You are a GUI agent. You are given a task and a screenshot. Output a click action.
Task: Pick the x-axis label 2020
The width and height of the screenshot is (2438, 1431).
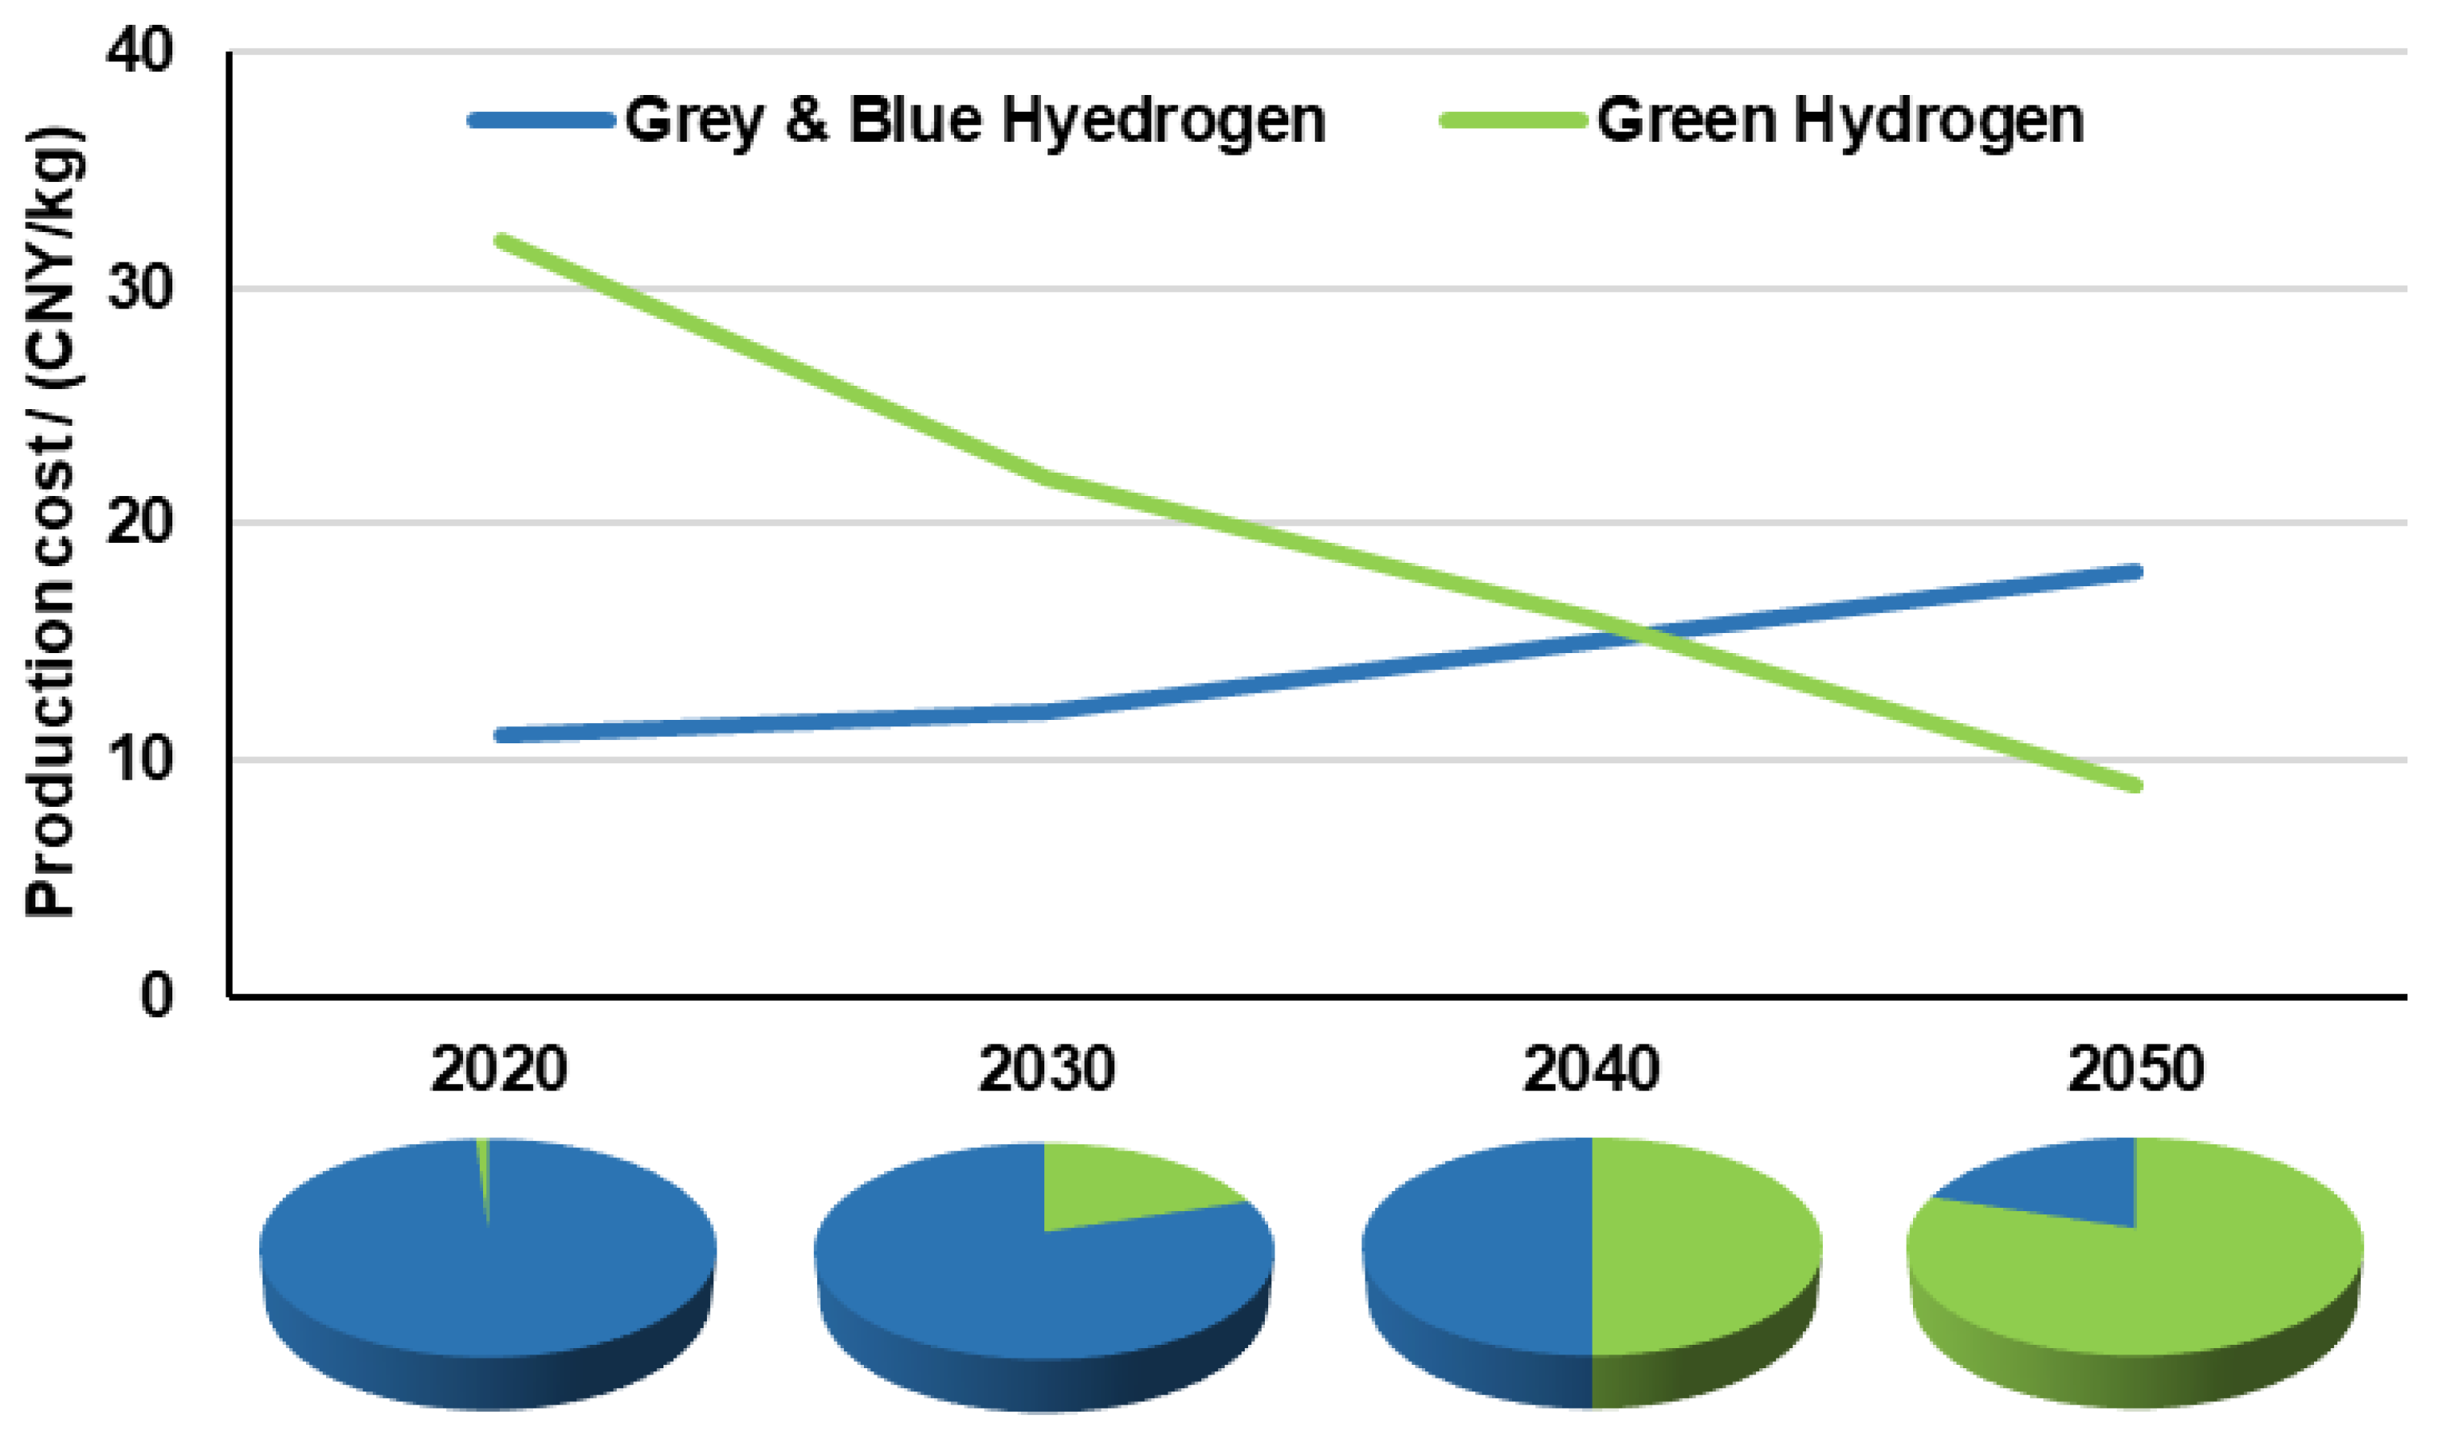[x=498, y=1070]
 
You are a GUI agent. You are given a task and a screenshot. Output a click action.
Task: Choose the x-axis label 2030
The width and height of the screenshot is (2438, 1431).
[x=1046, y=1070]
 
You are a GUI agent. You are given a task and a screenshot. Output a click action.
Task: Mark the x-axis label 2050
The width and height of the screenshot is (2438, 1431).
[x=2135, y=1070]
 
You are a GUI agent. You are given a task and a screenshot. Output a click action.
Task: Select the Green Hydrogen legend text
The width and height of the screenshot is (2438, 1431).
[x=1839, y=121]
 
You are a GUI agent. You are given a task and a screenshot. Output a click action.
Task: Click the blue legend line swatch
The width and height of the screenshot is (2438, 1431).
[x=542, y=121]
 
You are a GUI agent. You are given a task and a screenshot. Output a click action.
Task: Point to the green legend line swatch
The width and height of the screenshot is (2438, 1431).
[x=1513, y=121]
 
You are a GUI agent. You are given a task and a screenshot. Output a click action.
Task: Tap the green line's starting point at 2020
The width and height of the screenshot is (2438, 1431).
[x=500, y=240]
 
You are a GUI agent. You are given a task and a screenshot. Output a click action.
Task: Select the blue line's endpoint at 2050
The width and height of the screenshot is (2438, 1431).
[x=2135, y=572]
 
